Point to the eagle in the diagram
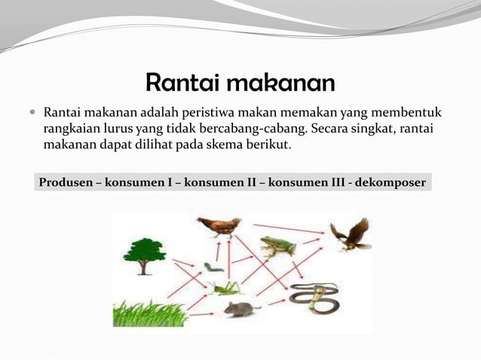pyautogui.click(x=350, y=234)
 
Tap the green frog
pyautogui.click(x=277, y=246)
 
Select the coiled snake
pyautogui.click(x=314, y=297)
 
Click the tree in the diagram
pyautogui.click(x=145, y=256)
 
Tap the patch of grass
pyautogui.click(x=149, y=313)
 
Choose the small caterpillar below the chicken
pyautogui.click(x=213, y=267)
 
